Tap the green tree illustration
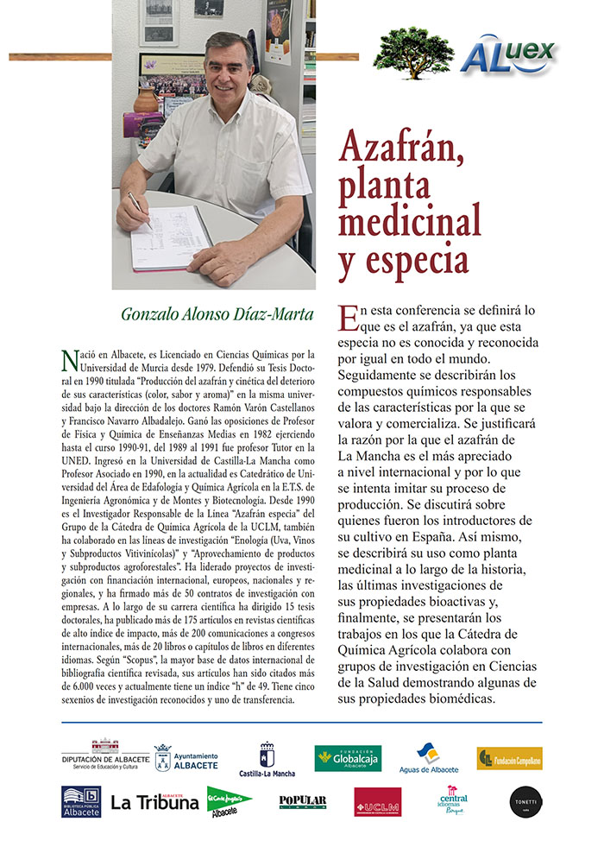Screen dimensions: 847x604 point(413,52)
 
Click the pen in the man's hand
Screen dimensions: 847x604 point(138,208)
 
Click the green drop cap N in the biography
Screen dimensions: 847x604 point(70,357)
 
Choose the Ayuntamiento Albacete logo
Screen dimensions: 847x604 point(186,757)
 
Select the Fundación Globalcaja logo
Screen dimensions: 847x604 point(348,757)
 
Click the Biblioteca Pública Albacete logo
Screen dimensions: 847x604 point(81,801)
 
